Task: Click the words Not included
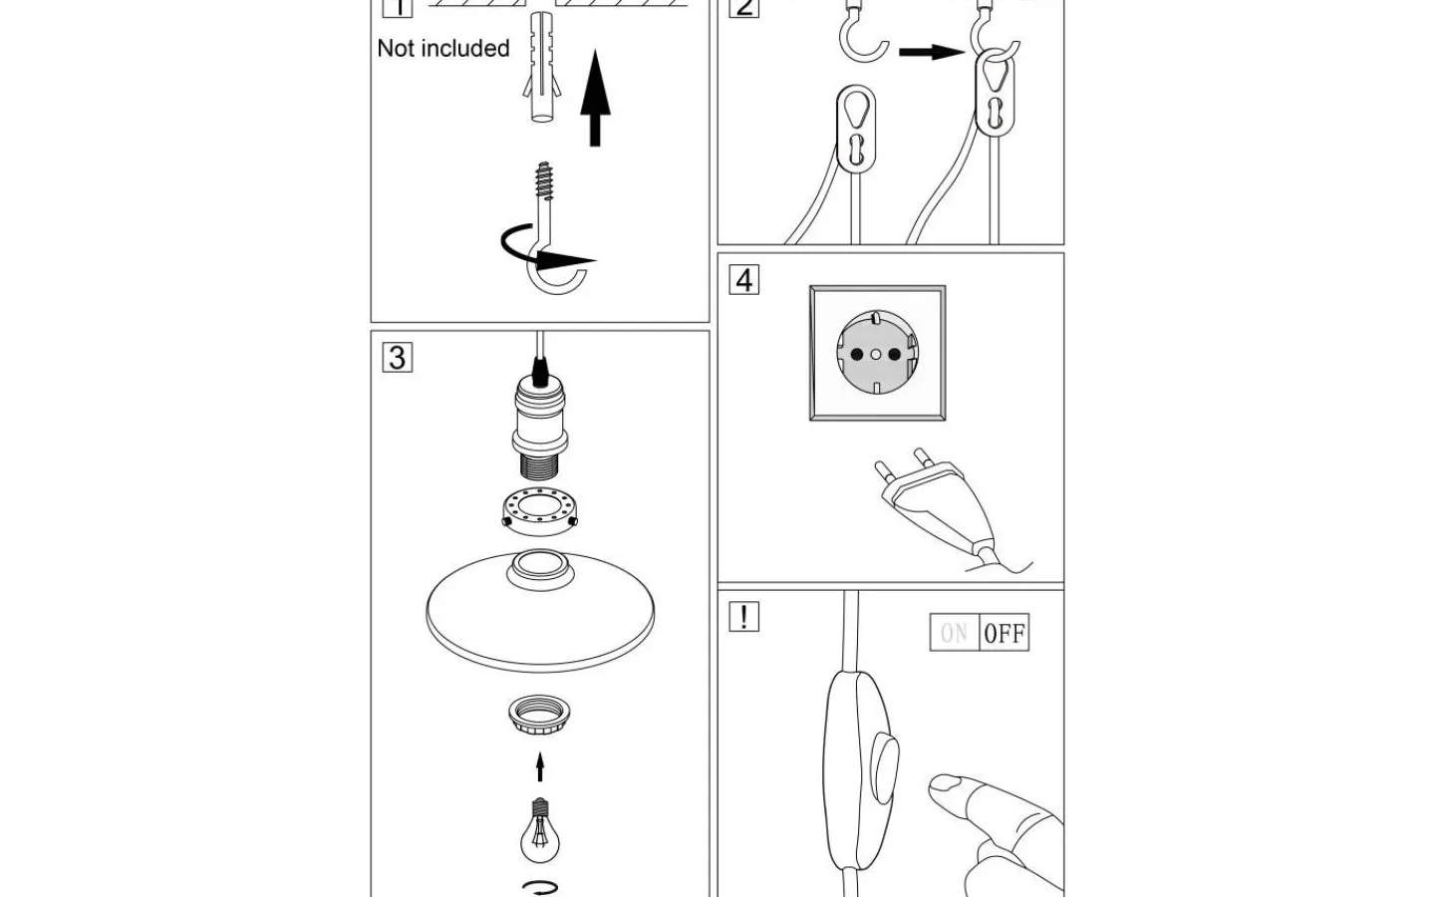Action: (443, 48)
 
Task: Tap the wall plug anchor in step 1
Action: (541, 70)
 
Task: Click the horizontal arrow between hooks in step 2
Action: (931, 51)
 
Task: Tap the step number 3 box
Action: (397, 358)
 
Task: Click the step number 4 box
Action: (743, 280)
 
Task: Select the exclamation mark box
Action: (743, 617)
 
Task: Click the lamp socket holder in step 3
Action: (539, 424)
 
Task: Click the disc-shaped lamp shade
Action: (539, 608)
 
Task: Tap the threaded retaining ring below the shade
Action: (539, 716)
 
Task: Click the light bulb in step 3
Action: (539, 832)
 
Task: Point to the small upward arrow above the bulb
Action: (540, 766)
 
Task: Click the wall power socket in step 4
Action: (877, 354)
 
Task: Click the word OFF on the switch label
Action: (1004, 634)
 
